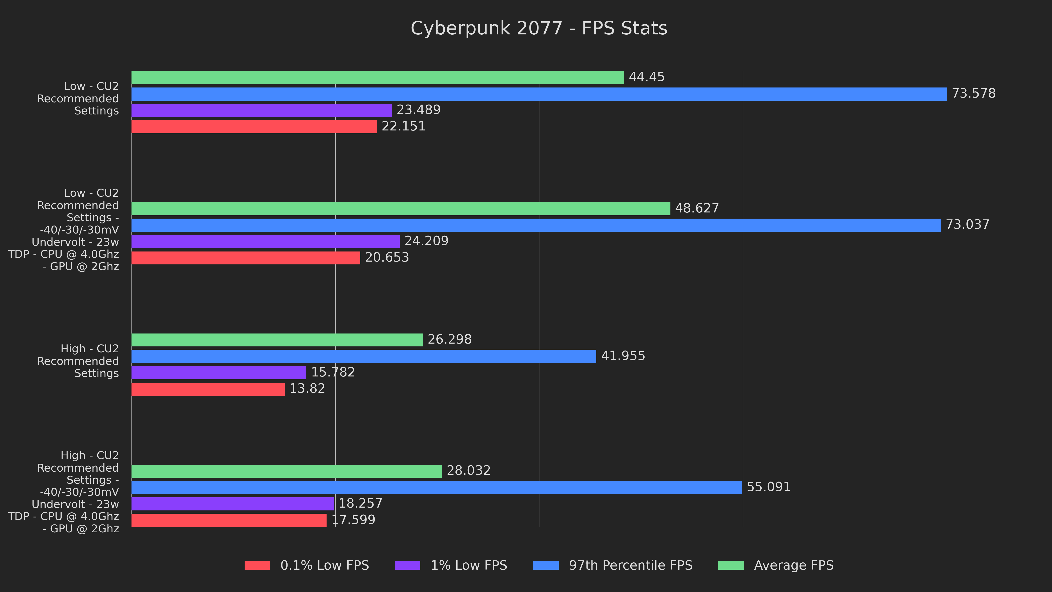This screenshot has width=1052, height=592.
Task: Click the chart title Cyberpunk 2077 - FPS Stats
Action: click(x=539, y=29)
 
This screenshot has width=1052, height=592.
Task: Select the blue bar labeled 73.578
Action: click(x=539, y=94)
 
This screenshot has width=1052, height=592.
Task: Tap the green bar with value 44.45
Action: click(x=377, y=78)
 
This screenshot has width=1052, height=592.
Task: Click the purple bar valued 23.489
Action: click(x=261, y=110)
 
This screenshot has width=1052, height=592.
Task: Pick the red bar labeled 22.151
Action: click(x=254, y=127)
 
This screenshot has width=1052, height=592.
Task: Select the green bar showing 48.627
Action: click(x=401, y=209)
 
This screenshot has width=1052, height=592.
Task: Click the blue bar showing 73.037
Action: click(x=536, y=225)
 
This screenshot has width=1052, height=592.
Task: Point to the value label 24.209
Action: click(x=426, y=241)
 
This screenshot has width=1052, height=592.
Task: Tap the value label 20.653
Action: click(x=387, y=257)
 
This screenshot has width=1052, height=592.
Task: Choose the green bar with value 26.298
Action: click(x=277, y=340)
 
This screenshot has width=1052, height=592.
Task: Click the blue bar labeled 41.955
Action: click(x=363, y=356)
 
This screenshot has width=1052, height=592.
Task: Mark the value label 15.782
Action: click(x=333, y=372)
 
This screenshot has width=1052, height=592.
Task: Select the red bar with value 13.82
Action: click(x=208, y=389)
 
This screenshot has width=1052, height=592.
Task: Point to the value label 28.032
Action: click(x=468, y=471)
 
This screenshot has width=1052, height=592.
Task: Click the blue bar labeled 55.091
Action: click(x=436, y=487)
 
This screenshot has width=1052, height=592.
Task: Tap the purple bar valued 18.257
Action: click(x=232, y=504)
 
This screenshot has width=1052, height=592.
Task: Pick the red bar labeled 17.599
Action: click(x=229, y=520)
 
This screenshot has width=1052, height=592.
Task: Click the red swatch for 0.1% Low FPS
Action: click(x=257, y=565)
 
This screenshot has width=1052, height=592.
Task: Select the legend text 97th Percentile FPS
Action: click(x=631, y=565)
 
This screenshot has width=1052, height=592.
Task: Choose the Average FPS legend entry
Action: click(x=793, y=565)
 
